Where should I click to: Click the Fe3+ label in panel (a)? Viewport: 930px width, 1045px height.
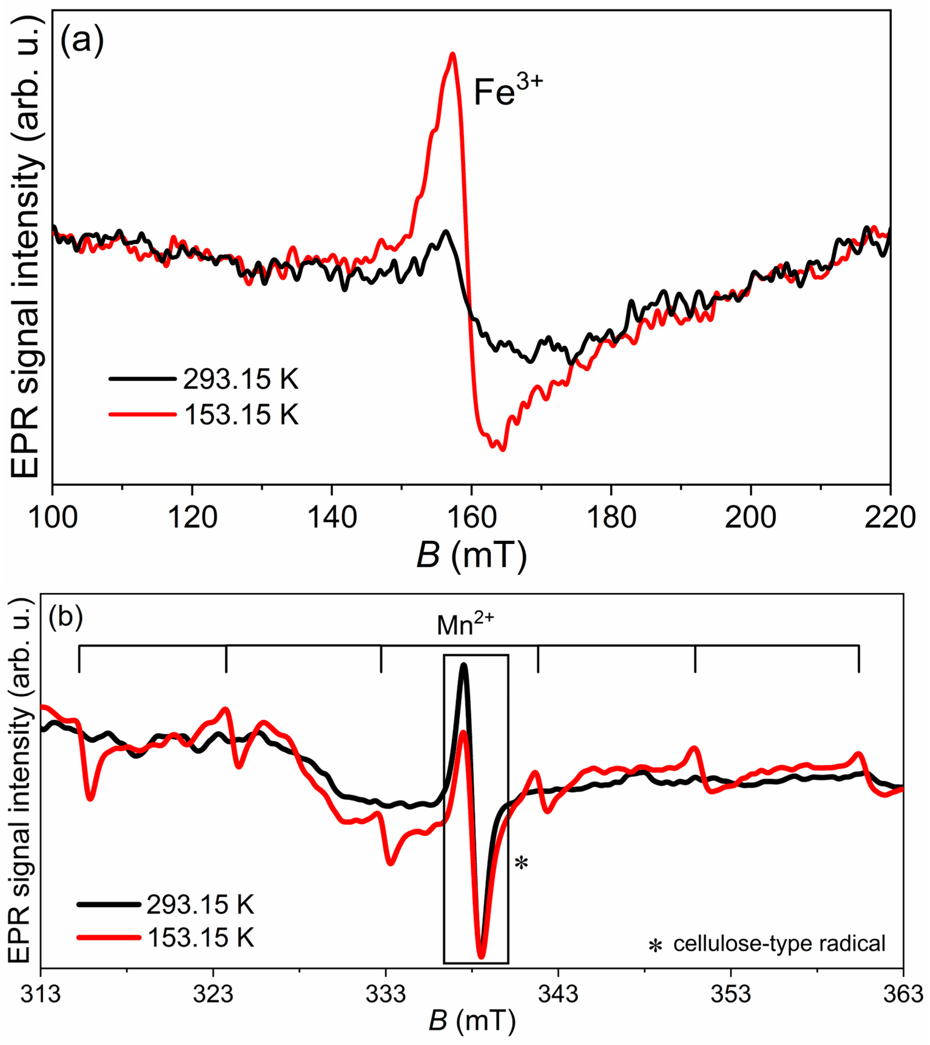pyautogui.click(x=507, y=92)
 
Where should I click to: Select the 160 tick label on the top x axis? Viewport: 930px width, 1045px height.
pyautogui.click(x=471, y=517)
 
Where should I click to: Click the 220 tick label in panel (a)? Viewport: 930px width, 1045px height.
pyautogui.click(x=889, y=517)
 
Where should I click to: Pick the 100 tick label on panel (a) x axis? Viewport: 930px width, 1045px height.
pyautogui.click(x=53, y=517)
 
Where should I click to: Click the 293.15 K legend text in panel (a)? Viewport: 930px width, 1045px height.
pyautogui.click(x=241, y=379)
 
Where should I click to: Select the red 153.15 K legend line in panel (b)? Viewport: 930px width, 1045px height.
pyautogui.click(x=109, y=938)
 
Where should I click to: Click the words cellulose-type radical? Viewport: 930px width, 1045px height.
pyautogui.click(x=779, y=943)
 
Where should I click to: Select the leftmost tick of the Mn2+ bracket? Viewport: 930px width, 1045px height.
pyautogui.click(x=79, y=659)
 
